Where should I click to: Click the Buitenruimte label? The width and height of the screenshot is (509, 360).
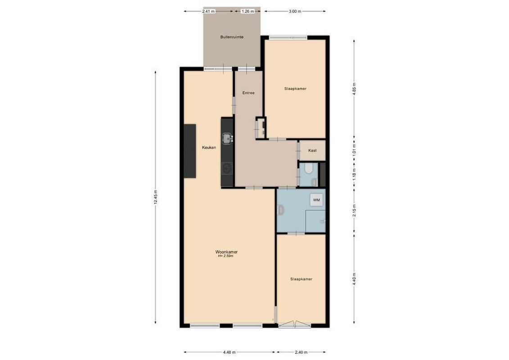point(232,37)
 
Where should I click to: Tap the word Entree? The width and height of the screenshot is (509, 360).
point(248,93)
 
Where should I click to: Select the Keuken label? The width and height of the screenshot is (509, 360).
point(209,147)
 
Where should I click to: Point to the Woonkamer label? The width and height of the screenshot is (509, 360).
point(226,252)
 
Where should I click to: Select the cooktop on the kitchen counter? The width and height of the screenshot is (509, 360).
point(226,169)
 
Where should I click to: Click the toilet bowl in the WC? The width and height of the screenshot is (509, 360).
point(308,169)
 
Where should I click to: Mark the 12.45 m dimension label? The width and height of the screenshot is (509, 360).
point(156,197)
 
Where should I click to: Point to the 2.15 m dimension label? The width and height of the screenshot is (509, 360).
point(354,211)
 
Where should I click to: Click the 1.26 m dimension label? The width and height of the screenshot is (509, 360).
point(248,11)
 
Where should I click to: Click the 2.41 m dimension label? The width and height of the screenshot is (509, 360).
point(208,11)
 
